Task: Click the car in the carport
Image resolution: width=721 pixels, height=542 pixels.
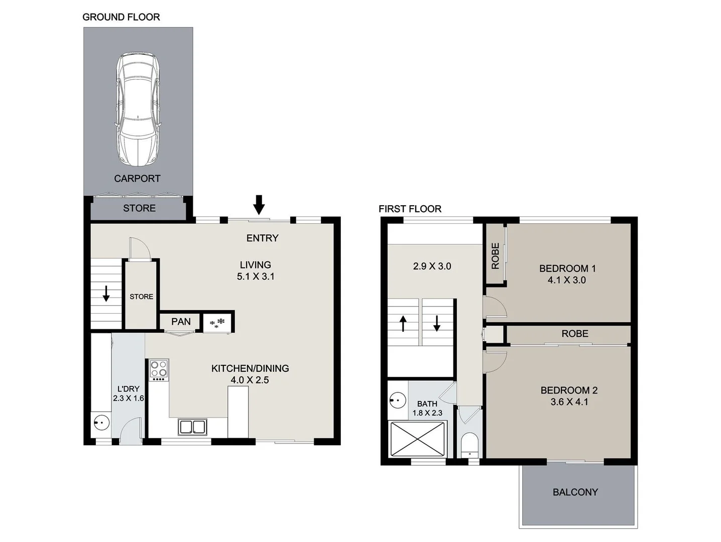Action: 138,110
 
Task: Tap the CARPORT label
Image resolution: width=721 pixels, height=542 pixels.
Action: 137,179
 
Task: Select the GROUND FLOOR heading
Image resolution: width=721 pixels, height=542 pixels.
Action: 121,17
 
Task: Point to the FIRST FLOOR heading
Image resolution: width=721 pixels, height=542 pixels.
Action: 410,209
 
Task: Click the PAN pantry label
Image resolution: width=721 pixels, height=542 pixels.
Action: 181,322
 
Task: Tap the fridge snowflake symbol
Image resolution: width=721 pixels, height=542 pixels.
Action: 217,323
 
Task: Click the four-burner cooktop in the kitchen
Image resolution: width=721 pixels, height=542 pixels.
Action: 159,369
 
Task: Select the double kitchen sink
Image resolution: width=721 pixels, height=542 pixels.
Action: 192,427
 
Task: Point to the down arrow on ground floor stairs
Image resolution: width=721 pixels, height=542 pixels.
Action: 106,294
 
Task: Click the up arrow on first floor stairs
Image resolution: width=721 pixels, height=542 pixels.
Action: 403,323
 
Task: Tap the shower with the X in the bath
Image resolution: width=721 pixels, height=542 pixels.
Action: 417,439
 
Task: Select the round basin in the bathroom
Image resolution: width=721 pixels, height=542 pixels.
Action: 397,400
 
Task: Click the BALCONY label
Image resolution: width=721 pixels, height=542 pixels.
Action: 575,492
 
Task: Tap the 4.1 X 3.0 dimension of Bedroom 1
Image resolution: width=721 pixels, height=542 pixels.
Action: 566,280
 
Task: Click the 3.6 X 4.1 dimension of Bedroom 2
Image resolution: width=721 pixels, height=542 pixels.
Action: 569,402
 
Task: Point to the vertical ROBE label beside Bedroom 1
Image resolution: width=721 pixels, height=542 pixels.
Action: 495,256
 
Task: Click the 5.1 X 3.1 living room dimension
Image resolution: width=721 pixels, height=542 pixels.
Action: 256,277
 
